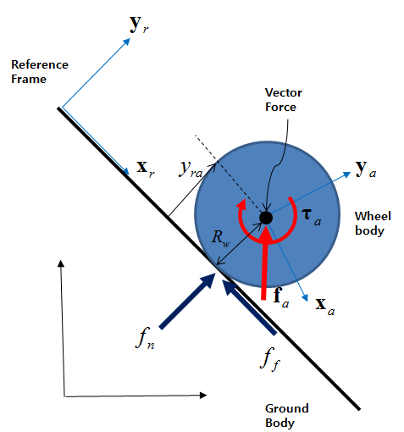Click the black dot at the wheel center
[x=266, y=218]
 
